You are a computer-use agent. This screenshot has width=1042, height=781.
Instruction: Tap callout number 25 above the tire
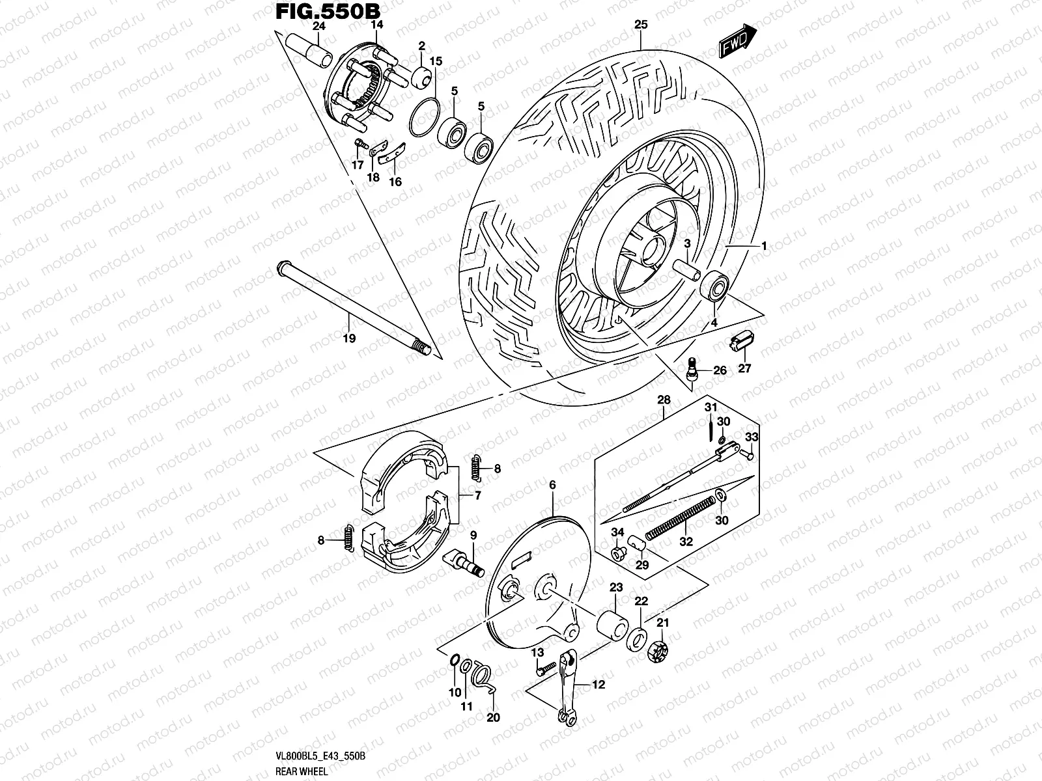pyautogui.click(x=641, y=25)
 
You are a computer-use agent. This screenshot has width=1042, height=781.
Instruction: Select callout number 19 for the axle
pyautogui.click(x=349, y=338)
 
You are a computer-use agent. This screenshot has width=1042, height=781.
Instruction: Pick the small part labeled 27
pyautogui.click(x=741, y=340)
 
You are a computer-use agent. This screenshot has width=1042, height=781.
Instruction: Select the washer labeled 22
pyautogui.click(x=638, y=640)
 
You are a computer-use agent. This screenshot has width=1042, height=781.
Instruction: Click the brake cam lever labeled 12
pyautogui.click(x=567, y=690)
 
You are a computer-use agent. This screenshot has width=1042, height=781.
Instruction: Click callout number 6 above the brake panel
pyautogui.click(x=552, y=484)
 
